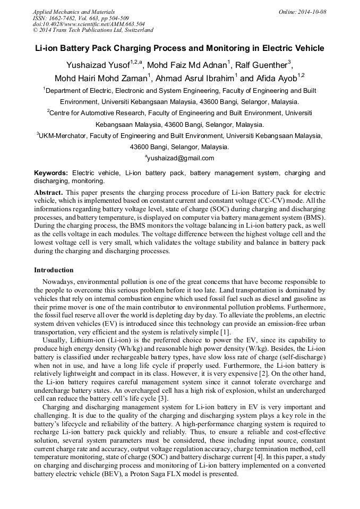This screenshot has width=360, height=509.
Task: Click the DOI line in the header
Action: point(89,24)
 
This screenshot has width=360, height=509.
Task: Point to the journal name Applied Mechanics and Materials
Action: point(74,12)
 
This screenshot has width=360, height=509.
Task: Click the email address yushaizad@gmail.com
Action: point(181,158)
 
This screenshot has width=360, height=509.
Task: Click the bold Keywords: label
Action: point(51,173)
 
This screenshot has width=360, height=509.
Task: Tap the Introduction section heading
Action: point(54,270)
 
